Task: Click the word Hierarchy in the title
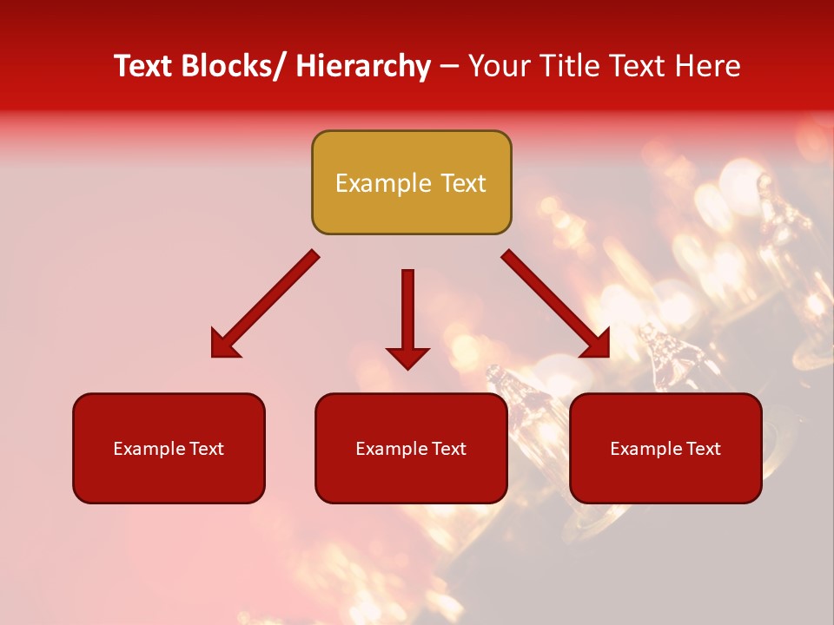(363, 66)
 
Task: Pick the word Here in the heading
(711, 66)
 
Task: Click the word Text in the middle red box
(448, 449)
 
